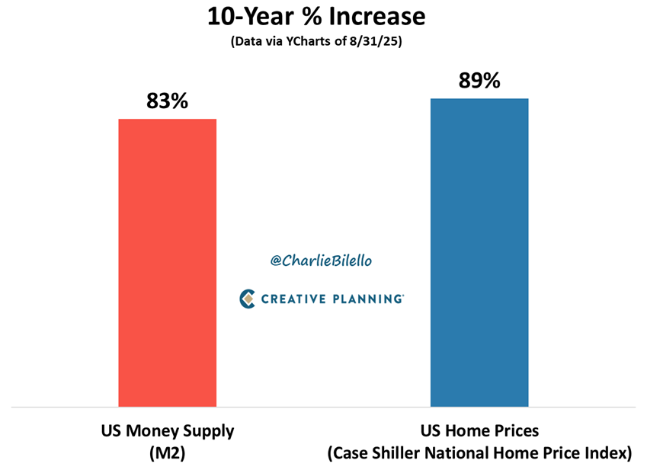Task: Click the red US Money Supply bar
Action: [167, 263]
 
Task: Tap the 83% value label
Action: [167, 101]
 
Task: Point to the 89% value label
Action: [479, 80]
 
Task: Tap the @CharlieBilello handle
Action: [321, 261]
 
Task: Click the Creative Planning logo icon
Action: [247, 299]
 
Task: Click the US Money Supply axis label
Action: [167, 430]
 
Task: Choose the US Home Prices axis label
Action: [479, 430]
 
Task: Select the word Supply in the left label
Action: [208, 430]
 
